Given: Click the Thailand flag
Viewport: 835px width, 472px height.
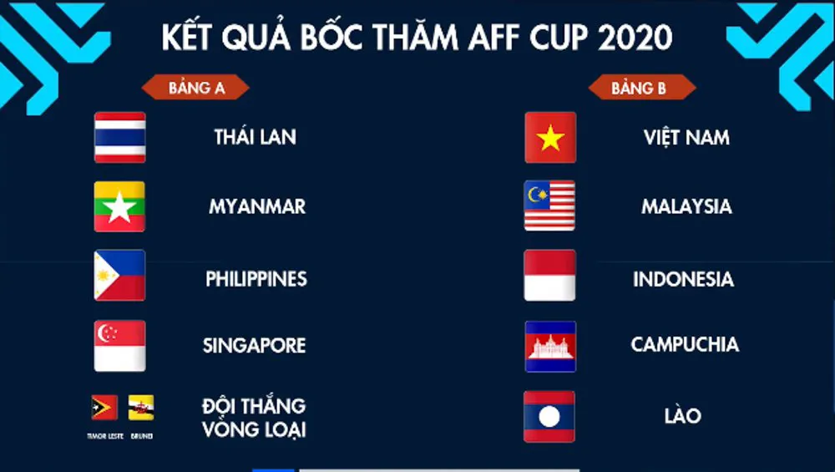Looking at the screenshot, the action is tap(119, 138).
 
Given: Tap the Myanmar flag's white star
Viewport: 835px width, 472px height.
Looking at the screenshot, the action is tap(119, 207).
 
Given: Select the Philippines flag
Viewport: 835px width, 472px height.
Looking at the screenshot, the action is tap(119, 276).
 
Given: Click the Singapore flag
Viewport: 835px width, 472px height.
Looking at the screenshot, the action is tap(119, 346).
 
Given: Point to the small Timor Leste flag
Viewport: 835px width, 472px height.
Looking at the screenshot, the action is tap(104, 408).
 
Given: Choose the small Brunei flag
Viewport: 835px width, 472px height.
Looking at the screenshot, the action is tap(141, 408).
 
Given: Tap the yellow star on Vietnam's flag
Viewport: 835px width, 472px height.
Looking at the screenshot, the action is tap(550, 138).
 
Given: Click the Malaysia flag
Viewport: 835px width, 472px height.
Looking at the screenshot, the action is tap(549, 206).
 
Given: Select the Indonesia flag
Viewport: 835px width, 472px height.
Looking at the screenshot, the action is tap(549, 276).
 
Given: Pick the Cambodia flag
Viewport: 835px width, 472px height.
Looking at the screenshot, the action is tap(550, 347).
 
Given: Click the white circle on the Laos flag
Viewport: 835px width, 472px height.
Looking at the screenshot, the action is tap(549, 417).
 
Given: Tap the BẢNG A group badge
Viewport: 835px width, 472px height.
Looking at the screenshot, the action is tap(195, 88).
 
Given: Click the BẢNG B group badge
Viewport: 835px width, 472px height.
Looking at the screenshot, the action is tap(641, 88).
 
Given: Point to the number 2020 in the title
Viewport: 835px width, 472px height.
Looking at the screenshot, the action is tap(635, 37).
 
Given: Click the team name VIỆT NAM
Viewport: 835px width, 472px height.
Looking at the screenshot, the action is tap(686, 137).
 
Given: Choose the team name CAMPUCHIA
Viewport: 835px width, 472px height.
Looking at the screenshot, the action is tap(685, 345).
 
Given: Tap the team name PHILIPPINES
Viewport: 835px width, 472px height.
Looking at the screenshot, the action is tap(256, 279).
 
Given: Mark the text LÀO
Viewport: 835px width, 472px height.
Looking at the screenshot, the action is tap(682, 415).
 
